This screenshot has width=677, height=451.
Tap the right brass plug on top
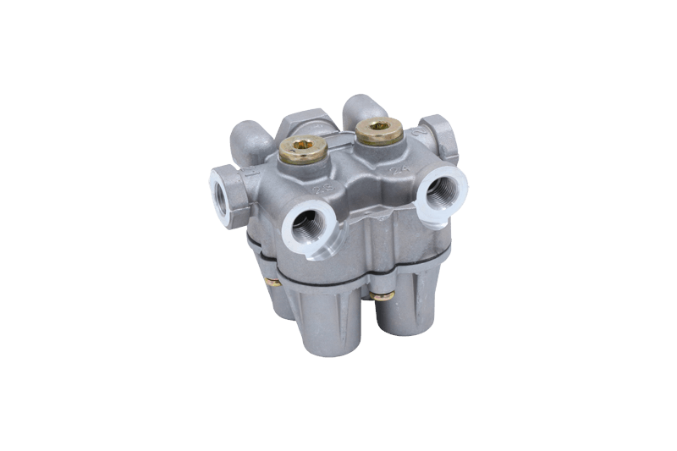(377, 131)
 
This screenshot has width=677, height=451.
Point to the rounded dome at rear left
(250, 137)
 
